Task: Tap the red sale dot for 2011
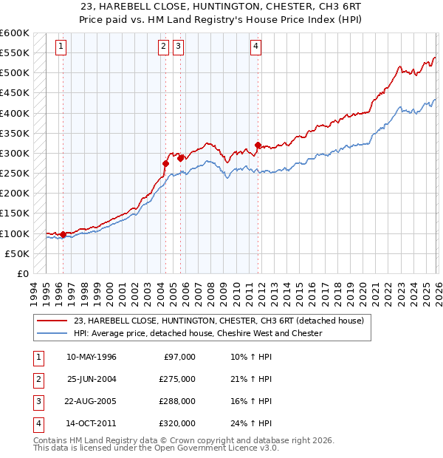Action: [258, 146]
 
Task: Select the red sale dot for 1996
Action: [63, 234]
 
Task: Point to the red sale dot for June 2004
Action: [165, 163]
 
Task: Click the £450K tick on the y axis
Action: [15, 113]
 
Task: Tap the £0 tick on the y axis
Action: [22, 273]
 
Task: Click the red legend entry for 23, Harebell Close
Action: [219, 321]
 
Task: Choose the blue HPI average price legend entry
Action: [198, 333]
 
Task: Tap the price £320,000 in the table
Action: [177, 423]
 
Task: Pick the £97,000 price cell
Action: [180, 356]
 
